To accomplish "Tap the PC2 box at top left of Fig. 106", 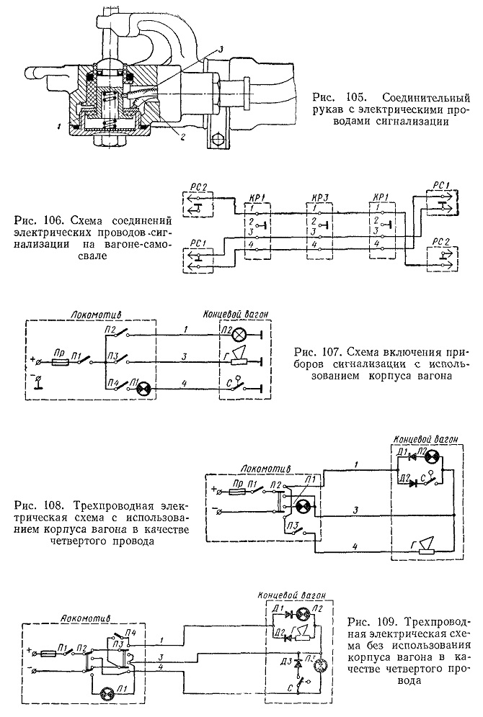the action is click(x=198, y=204).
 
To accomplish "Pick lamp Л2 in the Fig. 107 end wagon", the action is click(x=239, y=335).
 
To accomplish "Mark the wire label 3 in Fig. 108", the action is click(x=355, y=510).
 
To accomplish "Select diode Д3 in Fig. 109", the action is click(x=299, y=662).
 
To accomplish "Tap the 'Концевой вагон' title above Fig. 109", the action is click(x=292, y=596).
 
